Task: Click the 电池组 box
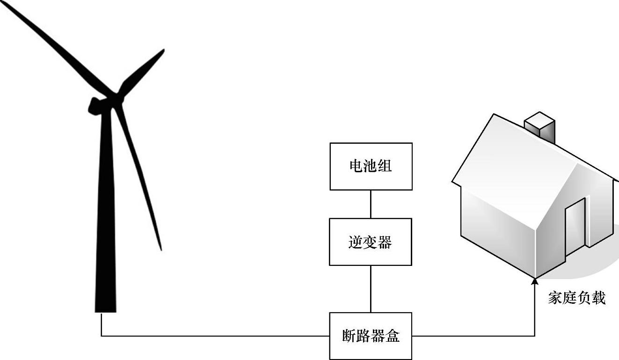pos(371,166)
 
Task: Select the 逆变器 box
pos(371,242)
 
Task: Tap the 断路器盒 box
pos(371,336)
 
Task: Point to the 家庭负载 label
pos(576,298)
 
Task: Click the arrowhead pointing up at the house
pos(535,280)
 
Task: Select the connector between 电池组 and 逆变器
pos(371,204)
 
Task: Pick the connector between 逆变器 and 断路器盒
pos(371,289)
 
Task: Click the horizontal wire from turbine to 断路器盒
pos(215,336)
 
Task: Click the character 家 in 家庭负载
pos(555,298)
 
